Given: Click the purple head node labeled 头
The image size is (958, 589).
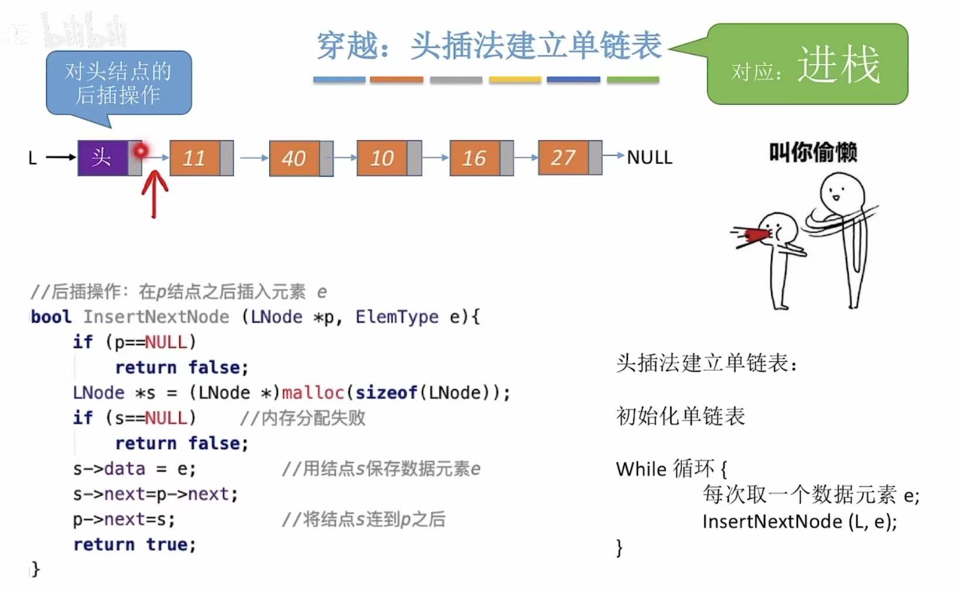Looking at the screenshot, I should pos(102,158).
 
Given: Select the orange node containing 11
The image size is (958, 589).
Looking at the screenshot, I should pos(195,158).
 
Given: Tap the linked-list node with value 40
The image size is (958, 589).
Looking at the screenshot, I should pos(294,158).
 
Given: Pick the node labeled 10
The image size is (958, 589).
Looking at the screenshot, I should pos(382,158).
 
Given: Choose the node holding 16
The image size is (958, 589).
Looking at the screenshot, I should pos(475,158).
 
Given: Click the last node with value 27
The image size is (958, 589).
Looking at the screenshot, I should pos(563,157).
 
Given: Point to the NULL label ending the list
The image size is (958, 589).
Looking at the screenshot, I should pos(650,157).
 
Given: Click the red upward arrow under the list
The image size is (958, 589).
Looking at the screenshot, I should pos(155,194).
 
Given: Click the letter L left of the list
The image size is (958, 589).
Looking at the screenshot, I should pos(33,158).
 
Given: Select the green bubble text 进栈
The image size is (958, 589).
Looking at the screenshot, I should pos(838,65).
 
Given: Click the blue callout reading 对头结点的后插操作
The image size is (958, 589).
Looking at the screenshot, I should pos(118,83).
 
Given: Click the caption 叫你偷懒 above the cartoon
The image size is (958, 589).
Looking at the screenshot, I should pos(813,153).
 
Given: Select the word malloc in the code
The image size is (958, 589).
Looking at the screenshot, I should pos(312,392).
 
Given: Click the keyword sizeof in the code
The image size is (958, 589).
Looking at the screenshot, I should pos(386,392).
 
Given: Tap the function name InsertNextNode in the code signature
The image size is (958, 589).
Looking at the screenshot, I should pos(156,317).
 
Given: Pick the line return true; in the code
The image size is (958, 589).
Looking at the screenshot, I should pos(134,544).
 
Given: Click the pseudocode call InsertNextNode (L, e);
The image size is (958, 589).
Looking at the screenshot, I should pos(799,521).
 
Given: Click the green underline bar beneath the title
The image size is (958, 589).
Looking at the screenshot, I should pos(633,79).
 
